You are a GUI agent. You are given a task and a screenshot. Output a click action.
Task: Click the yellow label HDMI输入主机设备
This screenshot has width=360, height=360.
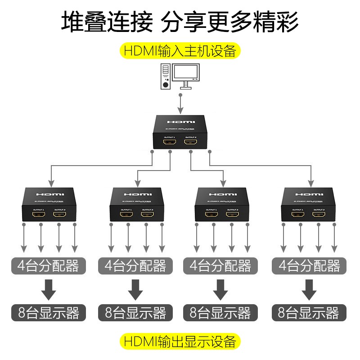[180, 50]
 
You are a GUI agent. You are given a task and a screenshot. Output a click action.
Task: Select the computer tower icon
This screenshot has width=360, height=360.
[166, 76]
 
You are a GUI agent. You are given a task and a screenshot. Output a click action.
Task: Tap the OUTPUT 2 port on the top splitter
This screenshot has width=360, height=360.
[190, 143]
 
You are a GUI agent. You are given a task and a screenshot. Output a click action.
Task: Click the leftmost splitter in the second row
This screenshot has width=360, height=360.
[50, 205]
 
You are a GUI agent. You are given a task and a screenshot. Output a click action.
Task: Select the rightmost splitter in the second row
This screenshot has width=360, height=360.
[309, 205]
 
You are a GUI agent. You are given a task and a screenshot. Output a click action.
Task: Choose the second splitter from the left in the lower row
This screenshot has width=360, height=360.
[136, 205]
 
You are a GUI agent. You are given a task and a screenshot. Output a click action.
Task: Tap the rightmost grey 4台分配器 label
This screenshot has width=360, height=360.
[309, 266]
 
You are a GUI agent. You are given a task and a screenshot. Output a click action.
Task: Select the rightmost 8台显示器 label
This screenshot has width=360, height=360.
[309, 312]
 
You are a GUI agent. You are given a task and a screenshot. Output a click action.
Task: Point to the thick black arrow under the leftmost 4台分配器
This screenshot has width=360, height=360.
[49, 289]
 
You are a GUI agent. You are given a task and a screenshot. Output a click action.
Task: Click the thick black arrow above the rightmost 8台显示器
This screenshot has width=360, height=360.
[309, 289]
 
